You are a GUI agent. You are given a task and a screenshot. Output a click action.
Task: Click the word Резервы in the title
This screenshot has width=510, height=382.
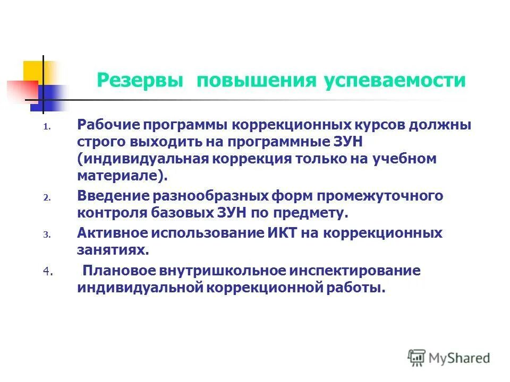click(140, 81)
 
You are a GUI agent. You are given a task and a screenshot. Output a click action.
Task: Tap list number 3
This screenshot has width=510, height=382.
click(46, 235)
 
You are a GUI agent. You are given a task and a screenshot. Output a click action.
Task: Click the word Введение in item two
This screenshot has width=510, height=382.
click(113, 196)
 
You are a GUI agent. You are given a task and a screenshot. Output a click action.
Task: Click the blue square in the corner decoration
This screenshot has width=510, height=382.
click(50, 98)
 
